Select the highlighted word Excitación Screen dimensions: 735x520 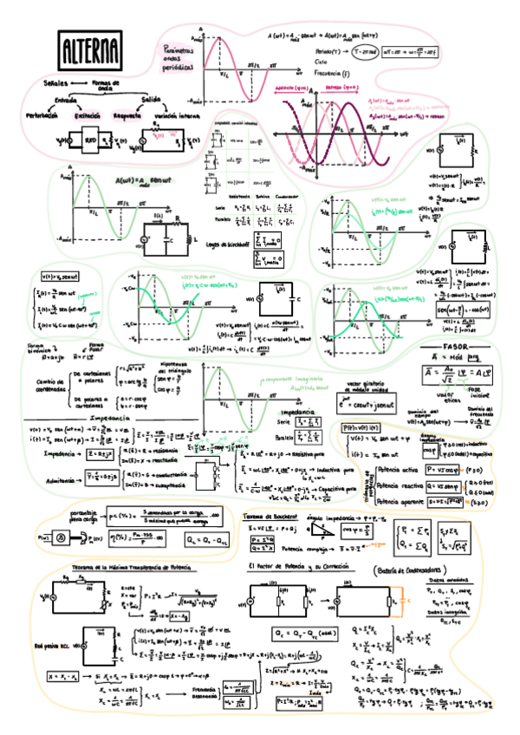pyautogui.click(x=88, y=115)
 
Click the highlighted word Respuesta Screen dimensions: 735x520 pyautogui.click(x=128, y=115)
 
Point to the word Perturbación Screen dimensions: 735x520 pyautogui.click(x=42, y=115)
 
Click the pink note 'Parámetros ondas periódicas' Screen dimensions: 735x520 pyautogui.click(x=180, y=60)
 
